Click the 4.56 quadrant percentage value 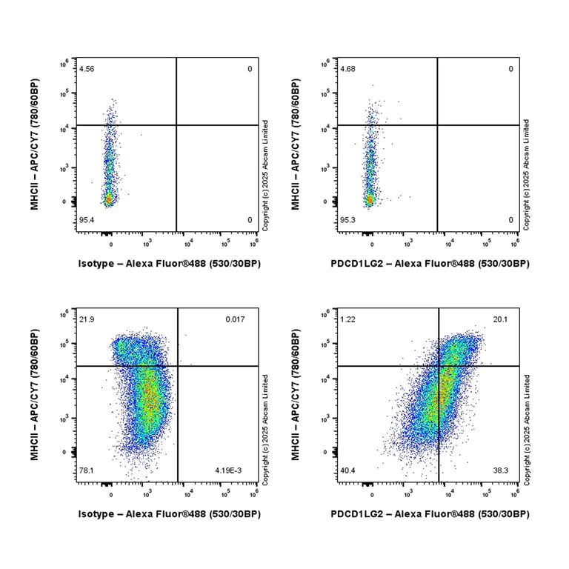click(x=87, y=69)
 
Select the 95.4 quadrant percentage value click(x=87, y=220)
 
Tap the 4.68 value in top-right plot click(x=347, y=69)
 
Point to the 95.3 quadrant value click(x=347, y=220)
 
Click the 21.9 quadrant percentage click(x=87, y=319)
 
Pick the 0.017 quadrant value click(x=236, y=319)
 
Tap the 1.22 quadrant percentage click(x=347, y=319)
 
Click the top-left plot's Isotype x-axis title click(x=170, y=263)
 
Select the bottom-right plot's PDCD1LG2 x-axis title click(x=430, y=513)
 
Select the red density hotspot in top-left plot click(x=108, y=199)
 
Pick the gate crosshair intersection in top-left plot click(x=176, y=125)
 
